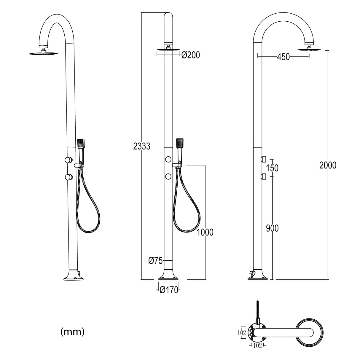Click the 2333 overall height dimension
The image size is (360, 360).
tap(142, 146)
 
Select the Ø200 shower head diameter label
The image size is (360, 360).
tap(191, 55)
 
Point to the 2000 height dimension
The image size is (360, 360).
tap(328, 165)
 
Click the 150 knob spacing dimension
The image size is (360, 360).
tap(272, 168)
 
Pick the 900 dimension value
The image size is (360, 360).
tap(272, 228)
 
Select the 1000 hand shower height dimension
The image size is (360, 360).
tap(205, 232)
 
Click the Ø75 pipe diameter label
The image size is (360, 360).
tap(155, 261)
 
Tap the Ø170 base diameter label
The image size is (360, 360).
tap(169, 290)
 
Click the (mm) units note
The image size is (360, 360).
tap(72, 332)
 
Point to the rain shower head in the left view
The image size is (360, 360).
tap(44, 53)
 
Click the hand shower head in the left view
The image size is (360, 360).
tap(81, 144)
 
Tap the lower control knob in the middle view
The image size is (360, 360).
tap(169, 177)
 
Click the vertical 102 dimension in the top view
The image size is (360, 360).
tap(242, 333)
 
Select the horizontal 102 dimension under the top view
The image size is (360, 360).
tap(258, 345)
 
